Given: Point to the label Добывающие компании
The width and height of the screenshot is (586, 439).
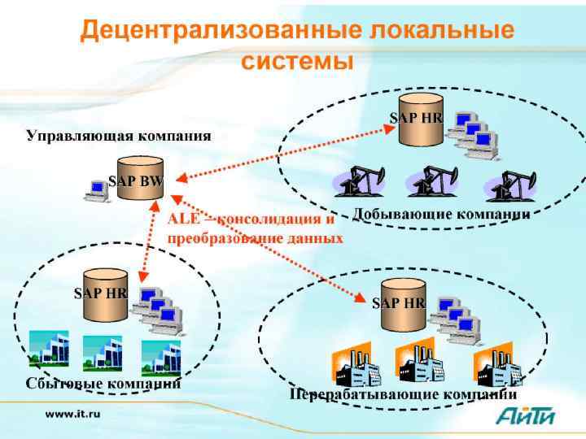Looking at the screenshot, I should (x=441, y=215).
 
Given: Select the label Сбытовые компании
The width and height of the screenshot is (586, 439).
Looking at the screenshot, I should (x=103, y=382).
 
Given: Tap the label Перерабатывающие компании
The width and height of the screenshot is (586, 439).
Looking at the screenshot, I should (x=404, y=394).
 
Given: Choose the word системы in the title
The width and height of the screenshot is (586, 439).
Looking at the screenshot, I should (x=297, y=61).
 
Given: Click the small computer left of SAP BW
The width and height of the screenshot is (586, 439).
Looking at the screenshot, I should (x=96, y=189).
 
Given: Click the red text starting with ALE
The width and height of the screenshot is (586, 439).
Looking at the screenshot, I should (x=255, y=228).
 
